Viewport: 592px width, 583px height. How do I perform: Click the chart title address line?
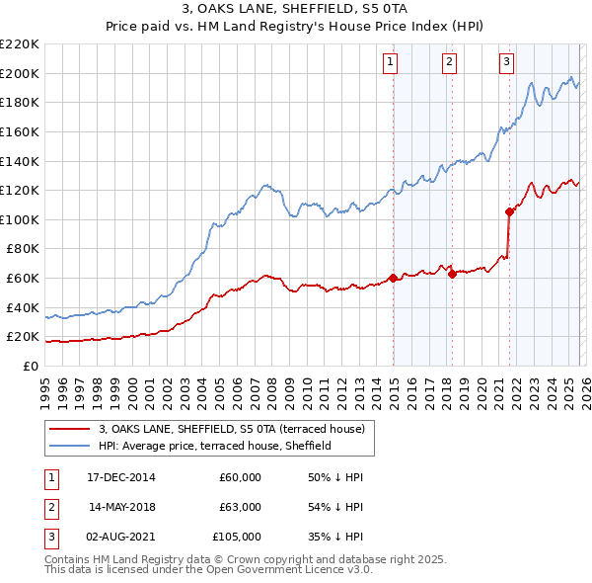297,9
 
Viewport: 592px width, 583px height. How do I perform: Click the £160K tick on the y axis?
20,131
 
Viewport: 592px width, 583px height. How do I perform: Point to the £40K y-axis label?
23,307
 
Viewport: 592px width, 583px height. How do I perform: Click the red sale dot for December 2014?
393,278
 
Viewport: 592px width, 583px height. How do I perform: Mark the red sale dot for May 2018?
452,274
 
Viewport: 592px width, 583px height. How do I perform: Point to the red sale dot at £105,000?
509,211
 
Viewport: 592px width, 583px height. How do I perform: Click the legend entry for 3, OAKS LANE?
232,429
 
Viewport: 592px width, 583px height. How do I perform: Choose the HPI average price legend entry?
214,447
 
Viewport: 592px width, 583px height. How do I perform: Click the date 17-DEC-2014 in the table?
121,477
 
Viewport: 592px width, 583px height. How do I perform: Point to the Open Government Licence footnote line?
209,570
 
